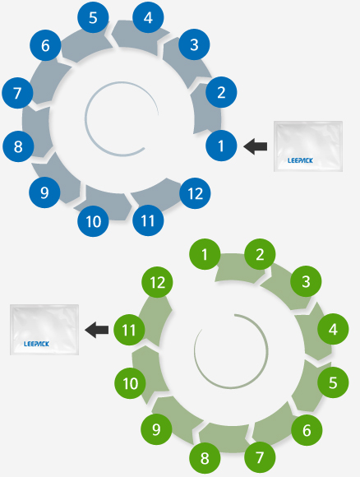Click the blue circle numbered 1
coord(221,146)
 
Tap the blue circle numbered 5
coord(93,17)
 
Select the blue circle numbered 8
coord(18,146)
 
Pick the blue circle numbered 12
coord(195,193)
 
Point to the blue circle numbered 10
coord(93,221)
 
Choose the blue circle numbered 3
coord(194,44)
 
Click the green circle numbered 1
coord(205,254)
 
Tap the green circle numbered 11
coord(129,330)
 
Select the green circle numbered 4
coord(333,329)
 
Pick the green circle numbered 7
coord(260,457)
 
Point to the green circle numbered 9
coord(156,429)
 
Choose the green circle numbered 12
coord(157,282)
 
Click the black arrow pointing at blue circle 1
coord(256,146)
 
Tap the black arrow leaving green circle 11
coord(96,330)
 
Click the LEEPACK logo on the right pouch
coord(300,160)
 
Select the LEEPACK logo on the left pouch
coord(36,344)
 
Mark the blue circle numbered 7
coord(17,93)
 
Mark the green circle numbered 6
coord(307,430)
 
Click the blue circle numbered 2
coord(221,92)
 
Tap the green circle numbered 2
coord(260,254)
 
